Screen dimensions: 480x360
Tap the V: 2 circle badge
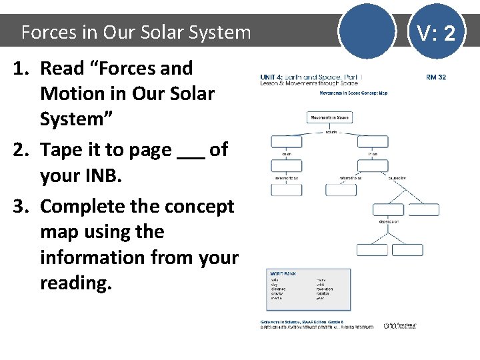tap(436, 32)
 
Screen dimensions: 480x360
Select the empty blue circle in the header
tap(366, 31)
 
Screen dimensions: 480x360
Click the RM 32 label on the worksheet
tap(436, 77)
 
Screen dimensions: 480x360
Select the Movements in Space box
tap(329, 117)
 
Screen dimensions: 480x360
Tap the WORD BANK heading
tap(280, 273)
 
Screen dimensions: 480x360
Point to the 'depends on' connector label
tap(389, 221)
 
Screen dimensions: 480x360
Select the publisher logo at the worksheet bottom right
tap(400, 325)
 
